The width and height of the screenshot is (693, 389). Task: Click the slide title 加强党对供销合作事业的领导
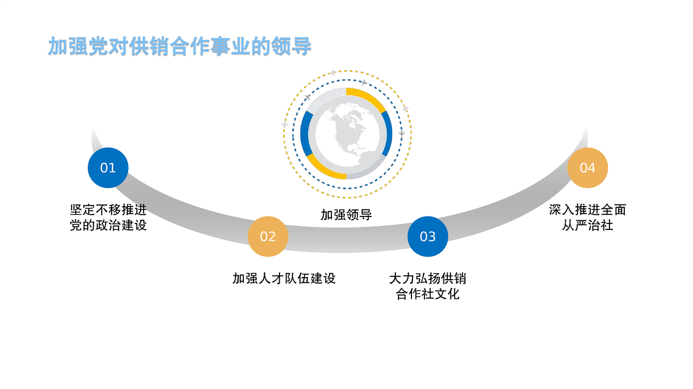coord(179,47)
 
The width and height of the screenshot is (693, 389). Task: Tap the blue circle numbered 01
coord(108,168)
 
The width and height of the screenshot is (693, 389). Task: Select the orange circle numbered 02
coord(268,236)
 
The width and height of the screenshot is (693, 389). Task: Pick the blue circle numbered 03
coord(428,236)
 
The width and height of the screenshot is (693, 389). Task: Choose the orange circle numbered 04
coord(587,168)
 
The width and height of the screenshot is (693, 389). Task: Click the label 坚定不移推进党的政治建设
coord(108,217)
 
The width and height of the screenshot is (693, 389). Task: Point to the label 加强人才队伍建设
coord(284,278)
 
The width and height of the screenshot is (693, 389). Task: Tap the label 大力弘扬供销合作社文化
coord(428,286)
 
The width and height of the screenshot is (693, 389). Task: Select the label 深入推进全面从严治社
coord(587,217)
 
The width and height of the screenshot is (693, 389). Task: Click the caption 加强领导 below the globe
coord(346,215)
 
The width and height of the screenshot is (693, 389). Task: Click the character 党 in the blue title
coord(99,47)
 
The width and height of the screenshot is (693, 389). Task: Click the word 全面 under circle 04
coord(613,210)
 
